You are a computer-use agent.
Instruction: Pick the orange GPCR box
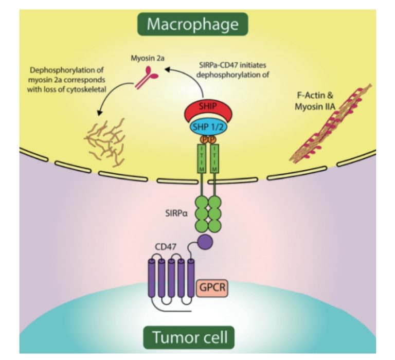212,285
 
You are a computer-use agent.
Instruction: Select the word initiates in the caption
259,65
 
